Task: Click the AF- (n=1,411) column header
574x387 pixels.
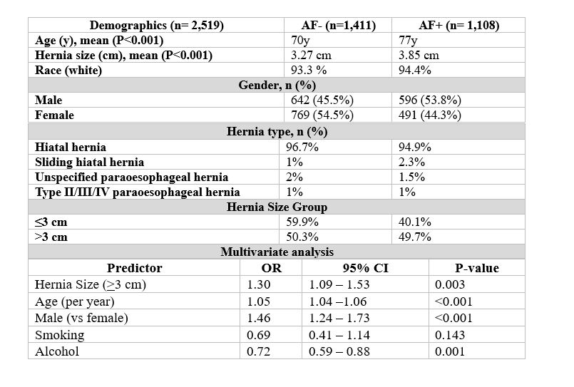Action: tap(338, 25)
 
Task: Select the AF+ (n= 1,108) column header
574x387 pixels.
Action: tap(459, 25)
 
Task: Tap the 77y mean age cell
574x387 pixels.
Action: tap(408, 40)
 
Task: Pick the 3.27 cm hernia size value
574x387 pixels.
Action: tap(311, 55)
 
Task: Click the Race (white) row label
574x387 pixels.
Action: tap(68, 71)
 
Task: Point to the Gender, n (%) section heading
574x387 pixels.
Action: tap(277, 86)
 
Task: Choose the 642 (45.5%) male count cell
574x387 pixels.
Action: tap(322, 100)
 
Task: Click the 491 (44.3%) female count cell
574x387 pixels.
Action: tap(430, 115)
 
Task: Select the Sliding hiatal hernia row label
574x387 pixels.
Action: tap(90, 162)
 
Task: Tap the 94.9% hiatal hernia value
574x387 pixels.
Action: tap(415, 147)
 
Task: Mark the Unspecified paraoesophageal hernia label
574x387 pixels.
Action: tap(132, 177)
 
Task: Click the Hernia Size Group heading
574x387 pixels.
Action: tap(277, 207)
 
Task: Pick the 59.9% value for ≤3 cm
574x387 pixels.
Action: tap(302, 222)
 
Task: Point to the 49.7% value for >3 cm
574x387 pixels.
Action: tap(415, 237)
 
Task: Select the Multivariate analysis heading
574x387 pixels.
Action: tap(277, 252)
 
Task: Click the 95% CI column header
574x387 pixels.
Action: tap(365, 268)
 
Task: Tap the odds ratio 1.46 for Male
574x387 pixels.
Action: tap(258, 318)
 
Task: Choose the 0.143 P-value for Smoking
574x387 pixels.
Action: tap(450, 335)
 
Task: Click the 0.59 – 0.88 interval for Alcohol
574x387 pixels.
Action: tap(339, 351)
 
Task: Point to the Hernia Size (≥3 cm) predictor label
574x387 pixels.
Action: tap(91, 284)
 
